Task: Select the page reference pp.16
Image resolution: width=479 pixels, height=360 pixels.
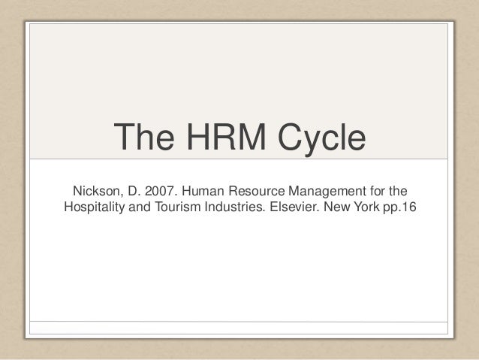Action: [x=397, y=207]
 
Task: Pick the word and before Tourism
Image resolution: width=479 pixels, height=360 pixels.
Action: [x=144, y=207]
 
